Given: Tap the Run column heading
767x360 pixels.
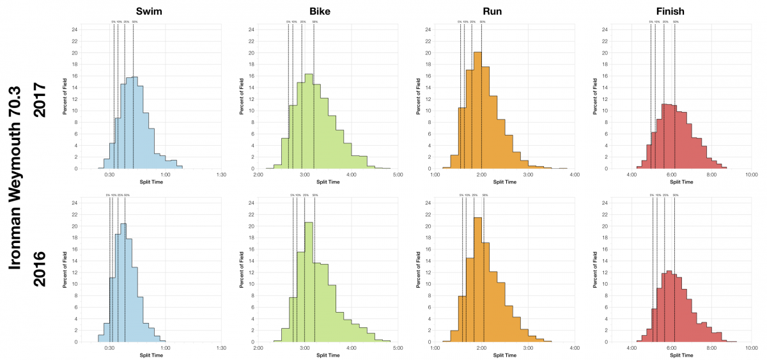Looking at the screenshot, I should tap(504, 11).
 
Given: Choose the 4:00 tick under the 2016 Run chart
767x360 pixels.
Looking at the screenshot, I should tap(574, 348).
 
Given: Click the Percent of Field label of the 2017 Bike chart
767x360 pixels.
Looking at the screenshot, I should tap(241, 97).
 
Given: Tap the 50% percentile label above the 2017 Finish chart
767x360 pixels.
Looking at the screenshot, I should tap(676, 22).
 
